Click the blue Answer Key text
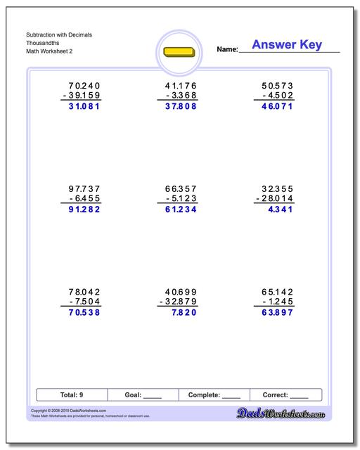(x=287, y=45)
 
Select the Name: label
(x=227, y=49)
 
